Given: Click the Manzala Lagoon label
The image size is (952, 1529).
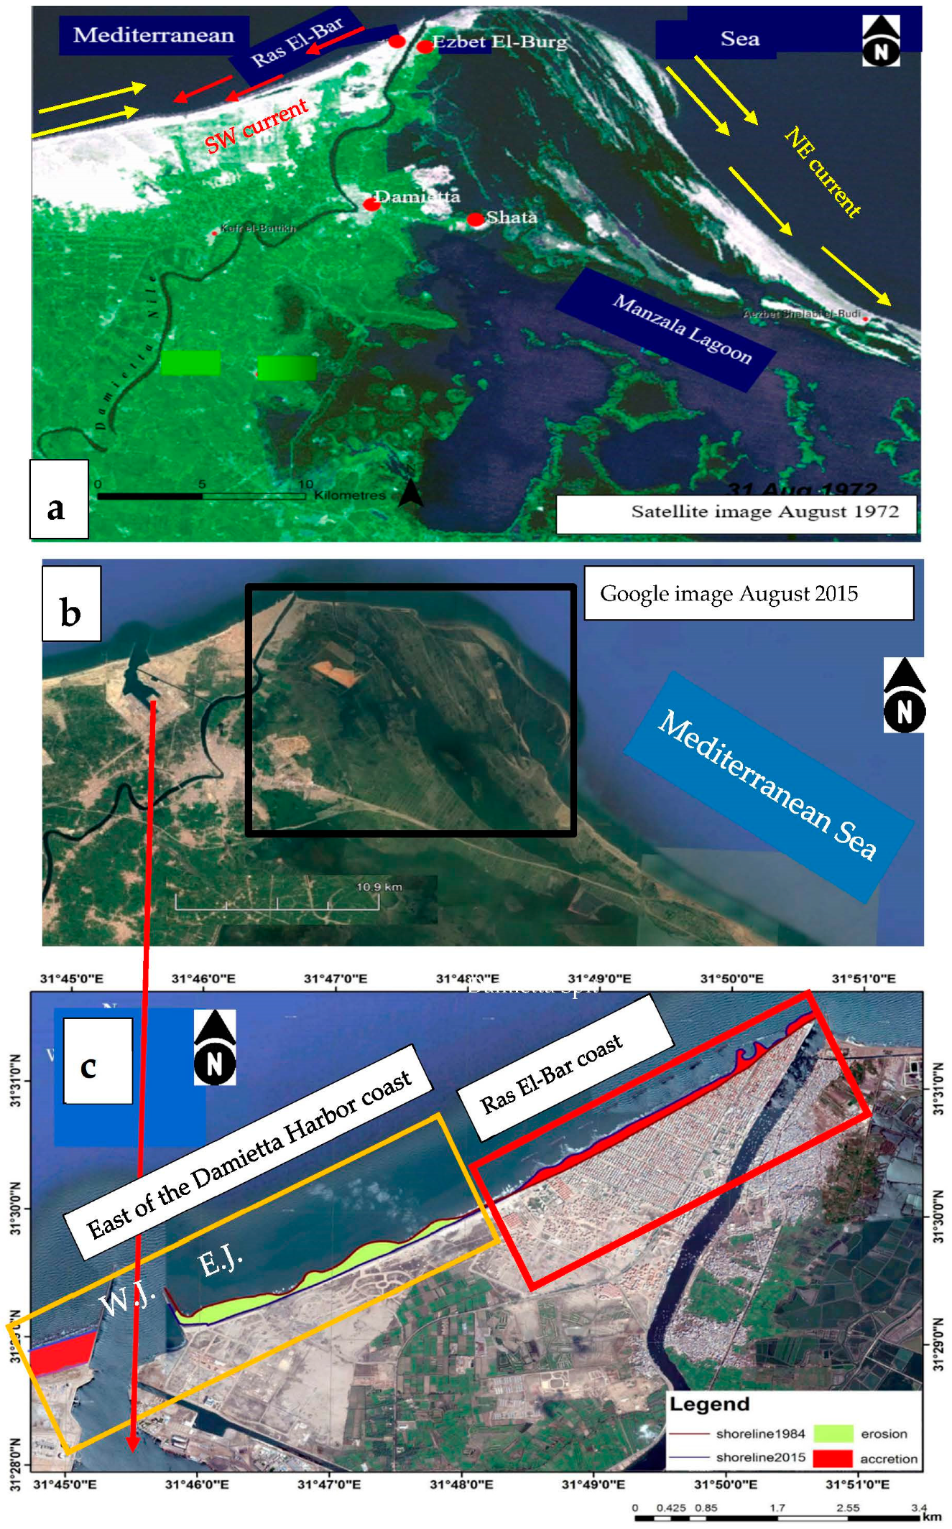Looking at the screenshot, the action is click(x=682, y=330).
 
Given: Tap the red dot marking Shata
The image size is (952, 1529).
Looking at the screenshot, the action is click(x=476, y=219).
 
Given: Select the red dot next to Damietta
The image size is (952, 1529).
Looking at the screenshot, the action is click(x=371, y=204).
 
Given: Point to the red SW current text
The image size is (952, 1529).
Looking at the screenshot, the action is click(x=257, y=126).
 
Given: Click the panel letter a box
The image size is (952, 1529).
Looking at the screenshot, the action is click(x=58, y=500).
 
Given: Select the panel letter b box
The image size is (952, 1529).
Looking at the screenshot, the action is click(x=71, y=603).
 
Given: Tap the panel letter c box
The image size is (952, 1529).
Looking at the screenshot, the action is click(x=97, y=1060).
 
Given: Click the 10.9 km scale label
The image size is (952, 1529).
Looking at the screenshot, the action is click(x=379, y=887).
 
